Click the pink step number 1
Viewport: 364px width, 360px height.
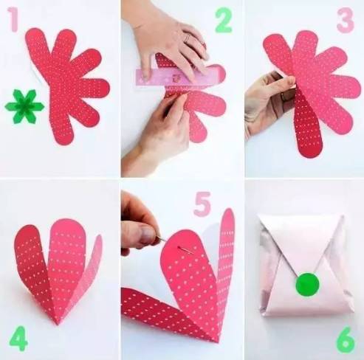click(x=13, y=19)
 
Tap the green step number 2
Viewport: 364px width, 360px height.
click(x=224, y=20)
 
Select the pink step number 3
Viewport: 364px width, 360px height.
click(x=346, y=20)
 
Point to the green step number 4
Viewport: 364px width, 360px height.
click(x=18, y=339)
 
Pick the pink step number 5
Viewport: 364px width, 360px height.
click(x=202, y=204)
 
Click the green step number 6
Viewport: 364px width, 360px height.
click(x=346, y=339)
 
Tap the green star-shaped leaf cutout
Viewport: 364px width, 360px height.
click(x=24, y=107)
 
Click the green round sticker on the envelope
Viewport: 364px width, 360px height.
click(x=308, y=284)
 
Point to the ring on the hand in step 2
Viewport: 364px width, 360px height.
click(x=188, y=38)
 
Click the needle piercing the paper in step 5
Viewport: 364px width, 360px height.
click(x=175, y=244)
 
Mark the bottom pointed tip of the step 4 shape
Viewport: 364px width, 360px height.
click(x=58, y=325)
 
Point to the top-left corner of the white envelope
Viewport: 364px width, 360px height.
click(x=258, y=215)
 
